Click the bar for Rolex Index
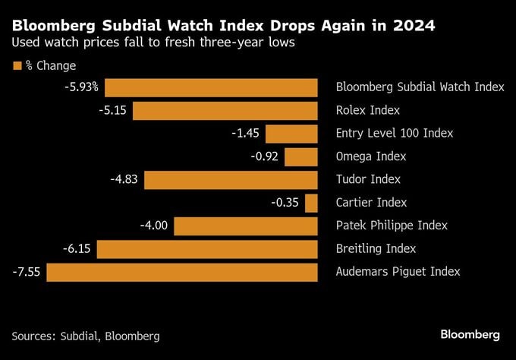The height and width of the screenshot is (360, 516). click(x=225, y=111)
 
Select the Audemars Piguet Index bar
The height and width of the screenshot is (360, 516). click(x=182, y=273)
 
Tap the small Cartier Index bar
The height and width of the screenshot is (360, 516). click(x=311, y=204)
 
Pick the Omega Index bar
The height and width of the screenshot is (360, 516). click(x=301, y=157)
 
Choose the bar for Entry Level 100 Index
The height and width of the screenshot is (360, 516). click(x=291, y=134)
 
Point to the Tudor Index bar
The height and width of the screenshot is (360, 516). click(x=231, y=180)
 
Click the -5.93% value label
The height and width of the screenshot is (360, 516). click(x=82, y=87)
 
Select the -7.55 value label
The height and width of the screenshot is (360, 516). click(x=27, y=272)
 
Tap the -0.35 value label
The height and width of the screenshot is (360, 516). click(x=285, y=202)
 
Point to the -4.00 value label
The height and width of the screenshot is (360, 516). click(x=154, y=226)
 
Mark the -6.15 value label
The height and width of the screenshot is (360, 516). click(x=77, y=248)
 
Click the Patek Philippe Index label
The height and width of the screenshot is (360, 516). click(x=392, y=226)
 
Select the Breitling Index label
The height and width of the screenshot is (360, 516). click(x=376, y=248)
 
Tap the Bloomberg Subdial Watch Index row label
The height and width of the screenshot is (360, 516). click(x=420, y=87)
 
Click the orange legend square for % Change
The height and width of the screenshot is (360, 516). click(x=17, y=65)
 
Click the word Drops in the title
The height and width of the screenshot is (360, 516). click(x=292, y=26)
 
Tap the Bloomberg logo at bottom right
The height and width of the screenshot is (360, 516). click(x=470, y=335)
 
